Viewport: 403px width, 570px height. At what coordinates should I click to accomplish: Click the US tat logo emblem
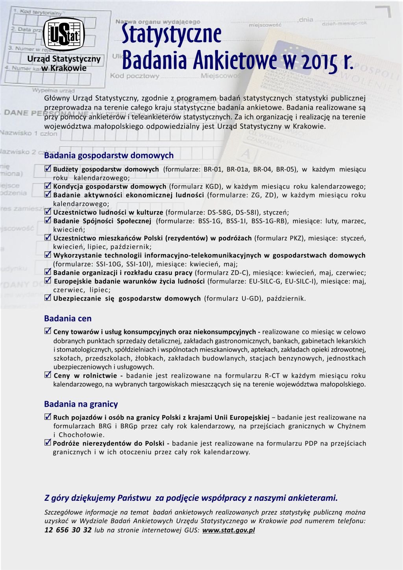(x=64, y=34)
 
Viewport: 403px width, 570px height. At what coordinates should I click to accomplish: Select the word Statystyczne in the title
(x=171, y=34)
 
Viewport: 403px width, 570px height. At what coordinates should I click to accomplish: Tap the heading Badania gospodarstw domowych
(x=109, y=155)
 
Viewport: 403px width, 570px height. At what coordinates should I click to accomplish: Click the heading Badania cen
(x=68, y=319)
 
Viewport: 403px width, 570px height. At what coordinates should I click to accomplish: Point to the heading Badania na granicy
(x=81, y=404)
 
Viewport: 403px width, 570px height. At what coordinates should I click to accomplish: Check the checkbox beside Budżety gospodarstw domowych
(x=48, y=169)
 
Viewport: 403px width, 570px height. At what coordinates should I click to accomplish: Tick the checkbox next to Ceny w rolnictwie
(x=48, y=375)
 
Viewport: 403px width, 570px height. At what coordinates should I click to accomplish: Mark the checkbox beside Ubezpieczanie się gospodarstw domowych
(x=48, y=298)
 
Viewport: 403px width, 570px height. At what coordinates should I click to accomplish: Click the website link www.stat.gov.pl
(x=228, y=530)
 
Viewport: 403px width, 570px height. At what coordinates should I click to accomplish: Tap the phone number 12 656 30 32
(x=68, y=530)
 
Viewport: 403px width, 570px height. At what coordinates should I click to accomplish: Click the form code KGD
(x=211, y=186)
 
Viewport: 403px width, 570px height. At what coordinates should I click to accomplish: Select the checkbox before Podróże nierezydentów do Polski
(x=48, y=443)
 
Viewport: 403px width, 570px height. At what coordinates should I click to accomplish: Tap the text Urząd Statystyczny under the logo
(x=64, y=59)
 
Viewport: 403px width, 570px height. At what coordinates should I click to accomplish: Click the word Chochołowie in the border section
(x=81, y=435)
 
